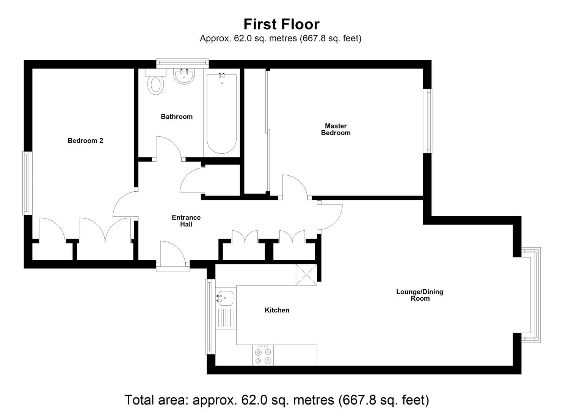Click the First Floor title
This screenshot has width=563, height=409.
(x=281, y=24)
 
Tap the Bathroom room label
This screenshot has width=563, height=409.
(x=176, y=117)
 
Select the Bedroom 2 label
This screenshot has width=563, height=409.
(x=85, y=140)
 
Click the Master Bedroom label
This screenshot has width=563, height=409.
(x=336, y=129)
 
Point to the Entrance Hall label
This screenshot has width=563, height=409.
(x=186, y=221)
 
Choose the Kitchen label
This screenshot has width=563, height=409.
(x=277, y=310)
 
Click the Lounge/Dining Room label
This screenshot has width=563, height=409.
(x=420, y=295)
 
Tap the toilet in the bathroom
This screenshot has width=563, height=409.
(x=156, y=84)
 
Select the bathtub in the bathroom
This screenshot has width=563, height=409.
(x=221, y=114)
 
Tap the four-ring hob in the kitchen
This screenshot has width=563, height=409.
(x=263, y=356)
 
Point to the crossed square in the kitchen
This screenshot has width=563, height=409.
(x=306, y=275)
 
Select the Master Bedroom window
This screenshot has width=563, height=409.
(x=428, y=121)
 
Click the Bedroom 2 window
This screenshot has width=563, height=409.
(x=27, y=183)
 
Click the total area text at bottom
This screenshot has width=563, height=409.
(x=277, y=400)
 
